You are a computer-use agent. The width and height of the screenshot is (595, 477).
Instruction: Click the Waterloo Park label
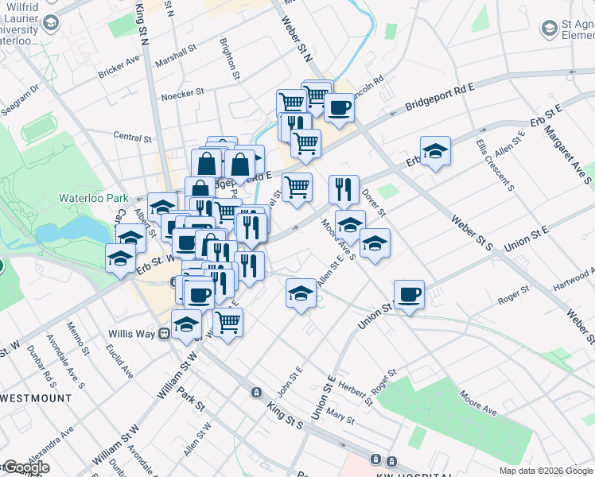pyautogui.click(x=93, y=197)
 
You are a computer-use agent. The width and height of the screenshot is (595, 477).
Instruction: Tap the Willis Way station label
pyautogui.click(x=132, y=333)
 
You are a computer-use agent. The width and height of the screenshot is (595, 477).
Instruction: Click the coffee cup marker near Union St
pyautogui.click(x=409, y=296)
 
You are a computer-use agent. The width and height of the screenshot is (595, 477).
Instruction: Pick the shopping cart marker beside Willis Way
pyautogui.click(x=227, y=323)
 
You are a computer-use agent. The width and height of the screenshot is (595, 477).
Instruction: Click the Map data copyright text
pyautogui.click(x=546, y=471)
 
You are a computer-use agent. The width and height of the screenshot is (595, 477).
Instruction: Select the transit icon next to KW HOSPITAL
pyautogui.click(x=391, y=461)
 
